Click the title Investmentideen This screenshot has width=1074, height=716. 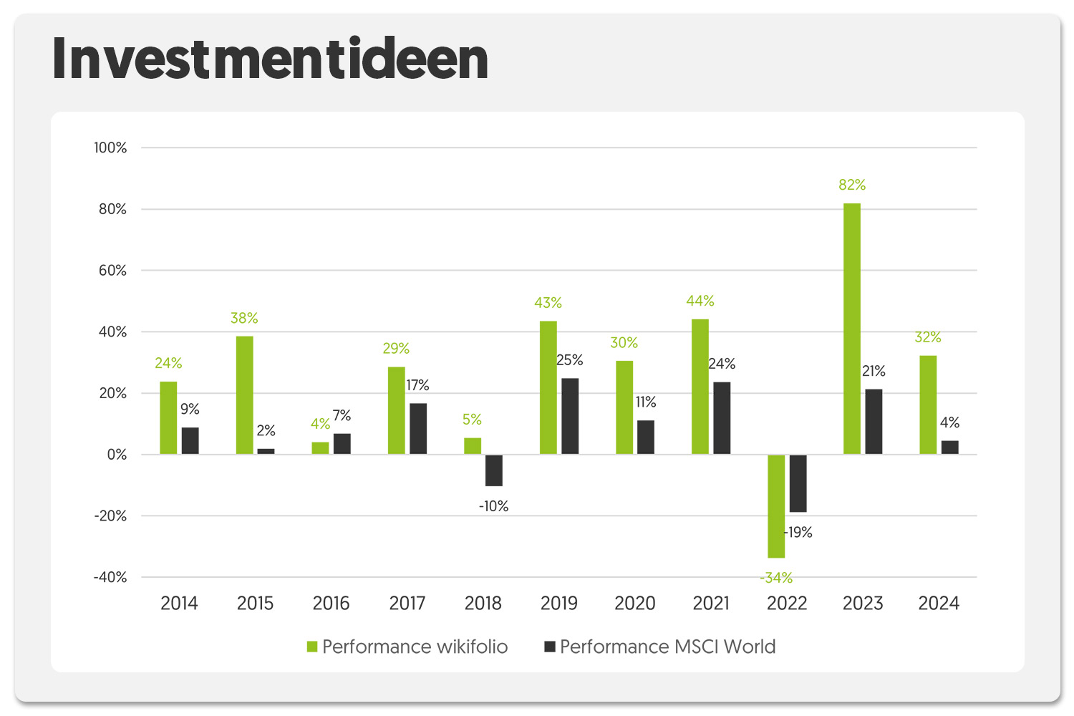point(270,59)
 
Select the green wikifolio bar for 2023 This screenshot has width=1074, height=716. point(852,329)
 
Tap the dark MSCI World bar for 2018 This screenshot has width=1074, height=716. point(494,470)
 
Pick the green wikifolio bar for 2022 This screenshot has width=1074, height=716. point(776,506)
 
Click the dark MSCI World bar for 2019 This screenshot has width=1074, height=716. point(570,416)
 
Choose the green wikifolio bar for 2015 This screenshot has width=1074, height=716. point(244,395)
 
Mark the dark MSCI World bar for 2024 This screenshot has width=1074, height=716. point(949,447)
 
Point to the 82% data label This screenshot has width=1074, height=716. point(852,185)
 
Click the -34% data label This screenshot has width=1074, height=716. point(776,578)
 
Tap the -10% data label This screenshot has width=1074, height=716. point(494,506)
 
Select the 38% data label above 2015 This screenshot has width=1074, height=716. point(244,318)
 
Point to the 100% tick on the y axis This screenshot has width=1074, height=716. point(110,148)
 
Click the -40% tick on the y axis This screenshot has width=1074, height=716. point(110,577)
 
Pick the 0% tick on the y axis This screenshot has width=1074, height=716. point(117,455)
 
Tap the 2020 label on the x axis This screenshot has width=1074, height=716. point(635,604)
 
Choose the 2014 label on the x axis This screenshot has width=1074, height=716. point(179,604)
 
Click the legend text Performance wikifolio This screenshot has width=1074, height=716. point(415,647)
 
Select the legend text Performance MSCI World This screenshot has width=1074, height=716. point(667,647)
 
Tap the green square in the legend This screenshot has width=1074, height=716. point(312,647)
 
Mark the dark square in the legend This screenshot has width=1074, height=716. point(550,647)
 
